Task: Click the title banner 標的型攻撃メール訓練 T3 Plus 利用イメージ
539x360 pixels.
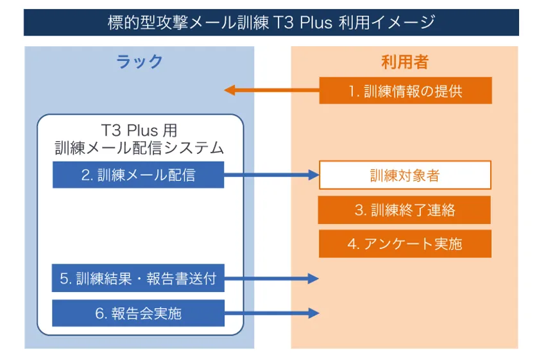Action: tap(271, 22)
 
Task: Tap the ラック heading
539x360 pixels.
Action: tap(139, 62)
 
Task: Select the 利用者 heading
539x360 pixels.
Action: tap(404, 62)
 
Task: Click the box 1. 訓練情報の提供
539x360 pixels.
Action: tap(405, 90)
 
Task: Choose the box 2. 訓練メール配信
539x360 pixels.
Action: tap(138, 175)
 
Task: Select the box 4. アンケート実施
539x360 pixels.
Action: tap(405, 244)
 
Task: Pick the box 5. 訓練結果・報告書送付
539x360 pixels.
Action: tap(138, 279)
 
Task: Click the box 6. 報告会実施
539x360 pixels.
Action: tap(138, 313)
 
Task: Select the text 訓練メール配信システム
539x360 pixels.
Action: tap(139, 148)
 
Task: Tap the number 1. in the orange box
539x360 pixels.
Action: tap(354, 91)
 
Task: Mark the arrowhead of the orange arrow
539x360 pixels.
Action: tap(229, 90)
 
